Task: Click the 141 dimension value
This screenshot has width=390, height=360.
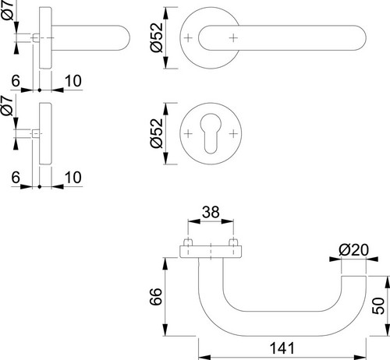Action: pyautogui.click(x=282, y=348)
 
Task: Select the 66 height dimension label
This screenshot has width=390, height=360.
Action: pyautogui.click(x=156, y=296)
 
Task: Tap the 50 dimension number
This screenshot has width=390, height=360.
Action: pyautogui.click(x=378, y=305)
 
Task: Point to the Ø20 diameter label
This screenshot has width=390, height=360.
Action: pyautogui.click(x=353, y=250)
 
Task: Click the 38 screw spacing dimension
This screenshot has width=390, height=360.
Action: pyautogui.click(x=211, y=212)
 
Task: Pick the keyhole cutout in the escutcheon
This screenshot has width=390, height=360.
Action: pyautogui.click(x=211, y=133)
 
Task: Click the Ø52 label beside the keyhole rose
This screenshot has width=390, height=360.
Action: pyautogui.click(x=156, y=133)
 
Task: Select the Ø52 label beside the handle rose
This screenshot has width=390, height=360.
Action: pyautogui.click(x=156, y=37)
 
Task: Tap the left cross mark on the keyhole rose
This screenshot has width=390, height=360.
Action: pyautogui.click(x=188, y=134)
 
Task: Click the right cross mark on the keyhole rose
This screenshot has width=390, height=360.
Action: pyautogui.click(x=233, y=134)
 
